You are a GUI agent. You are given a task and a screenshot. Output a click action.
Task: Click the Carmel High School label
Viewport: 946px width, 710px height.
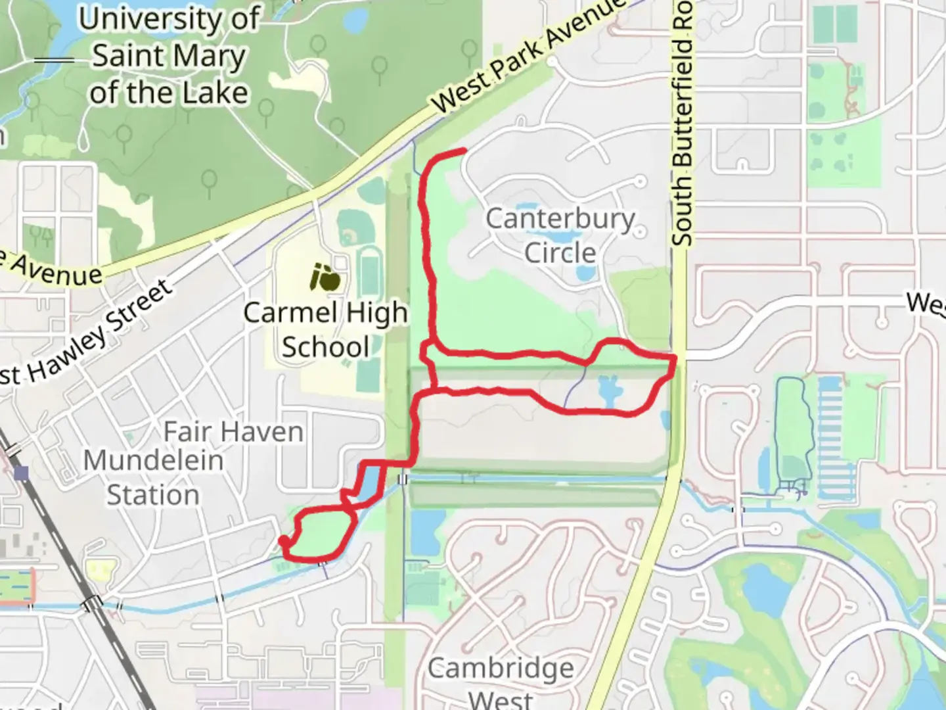click(325, 330)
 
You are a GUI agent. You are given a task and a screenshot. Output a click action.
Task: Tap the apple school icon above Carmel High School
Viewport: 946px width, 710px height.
click(325, 278)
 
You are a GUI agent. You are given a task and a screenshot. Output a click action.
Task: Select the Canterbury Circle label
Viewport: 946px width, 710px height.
click(560, 235)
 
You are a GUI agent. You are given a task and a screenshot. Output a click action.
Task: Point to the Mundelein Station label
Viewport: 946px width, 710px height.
click(153, 477)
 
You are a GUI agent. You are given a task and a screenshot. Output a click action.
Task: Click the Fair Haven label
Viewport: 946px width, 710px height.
click(233, 432)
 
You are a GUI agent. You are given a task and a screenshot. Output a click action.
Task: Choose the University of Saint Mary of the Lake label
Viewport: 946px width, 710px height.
click(169, 56)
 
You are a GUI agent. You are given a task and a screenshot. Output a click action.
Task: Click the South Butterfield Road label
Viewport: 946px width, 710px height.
click(683, 125)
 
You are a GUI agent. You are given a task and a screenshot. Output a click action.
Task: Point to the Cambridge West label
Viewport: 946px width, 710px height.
click(501, 680)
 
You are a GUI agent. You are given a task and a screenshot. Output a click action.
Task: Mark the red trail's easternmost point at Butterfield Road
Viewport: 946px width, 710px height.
click(675, 358)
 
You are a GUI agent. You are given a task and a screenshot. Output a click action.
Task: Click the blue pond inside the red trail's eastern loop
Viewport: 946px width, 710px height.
click(608, 392)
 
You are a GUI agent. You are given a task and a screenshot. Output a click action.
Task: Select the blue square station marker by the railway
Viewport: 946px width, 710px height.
click(22, 473)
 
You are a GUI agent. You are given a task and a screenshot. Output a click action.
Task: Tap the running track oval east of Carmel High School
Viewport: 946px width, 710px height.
click(370, 270)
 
